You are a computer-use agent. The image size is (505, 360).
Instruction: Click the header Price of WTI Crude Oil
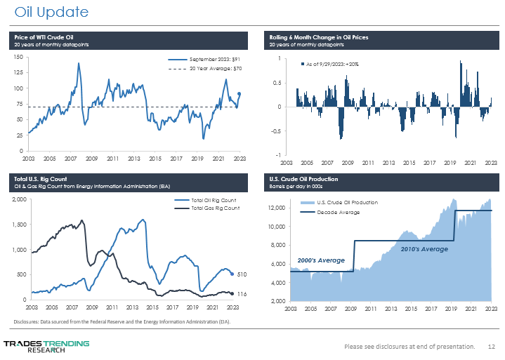pos(53,36)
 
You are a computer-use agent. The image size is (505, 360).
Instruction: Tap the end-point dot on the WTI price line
pos(240,94)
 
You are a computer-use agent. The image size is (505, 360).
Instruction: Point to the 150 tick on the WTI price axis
pos(16,58)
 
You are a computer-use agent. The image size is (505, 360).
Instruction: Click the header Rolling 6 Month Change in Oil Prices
pos(319,36)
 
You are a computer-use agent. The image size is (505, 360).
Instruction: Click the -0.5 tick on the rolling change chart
pos(276,131)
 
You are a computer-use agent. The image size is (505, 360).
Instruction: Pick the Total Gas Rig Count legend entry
pos(215,208)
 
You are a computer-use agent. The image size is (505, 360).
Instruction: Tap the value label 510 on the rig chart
pos(241,274)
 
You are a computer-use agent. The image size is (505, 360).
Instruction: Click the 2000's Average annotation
pos(321,260)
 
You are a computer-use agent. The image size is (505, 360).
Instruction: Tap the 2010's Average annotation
pos(424,249)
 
